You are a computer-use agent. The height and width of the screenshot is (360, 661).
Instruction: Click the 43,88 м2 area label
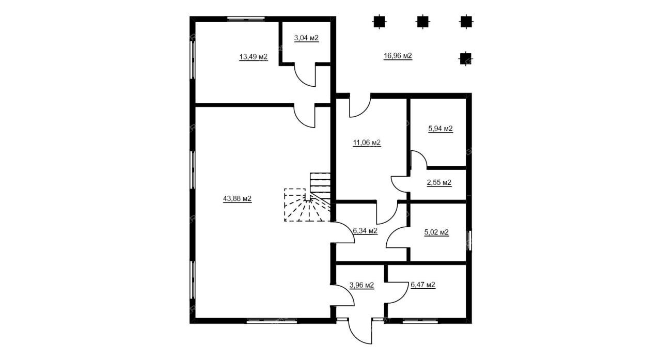(237, 199)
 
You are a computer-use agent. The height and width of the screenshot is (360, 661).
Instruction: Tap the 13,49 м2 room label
(254, 57)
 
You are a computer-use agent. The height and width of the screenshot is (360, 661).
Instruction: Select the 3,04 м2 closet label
(306, 38)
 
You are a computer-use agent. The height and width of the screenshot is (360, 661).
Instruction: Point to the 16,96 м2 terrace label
(398, 56)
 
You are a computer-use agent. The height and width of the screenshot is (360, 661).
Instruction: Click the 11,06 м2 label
(367, 143)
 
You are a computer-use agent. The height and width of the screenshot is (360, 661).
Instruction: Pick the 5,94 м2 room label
(440, 129)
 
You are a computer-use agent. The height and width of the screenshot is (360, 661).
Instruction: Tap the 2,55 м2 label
(439, 183)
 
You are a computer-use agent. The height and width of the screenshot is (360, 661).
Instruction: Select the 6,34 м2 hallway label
(365, 231)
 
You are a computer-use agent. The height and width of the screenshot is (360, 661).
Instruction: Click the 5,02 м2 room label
(437, 232)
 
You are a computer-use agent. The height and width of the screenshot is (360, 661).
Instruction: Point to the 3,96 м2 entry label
(362, 285)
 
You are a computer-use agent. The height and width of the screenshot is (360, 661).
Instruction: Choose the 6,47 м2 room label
(423, 285)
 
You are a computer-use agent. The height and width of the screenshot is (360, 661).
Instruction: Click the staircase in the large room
(308, 197)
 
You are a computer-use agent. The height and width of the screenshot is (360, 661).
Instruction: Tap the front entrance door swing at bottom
(360, 331)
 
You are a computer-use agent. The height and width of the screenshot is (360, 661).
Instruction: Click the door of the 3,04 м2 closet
(305, 75)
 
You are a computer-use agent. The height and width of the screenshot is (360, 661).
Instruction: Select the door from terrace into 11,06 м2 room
(360, 106)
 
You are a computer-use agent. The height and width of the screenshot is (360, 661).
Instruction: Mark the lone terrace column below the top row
(466, 59)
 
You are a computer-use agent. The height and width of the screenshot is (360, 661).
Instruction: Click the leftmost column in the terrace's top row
(379, 22)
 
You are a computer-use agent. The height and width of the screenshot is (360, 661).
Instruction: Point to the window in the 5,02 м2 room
(469, 241)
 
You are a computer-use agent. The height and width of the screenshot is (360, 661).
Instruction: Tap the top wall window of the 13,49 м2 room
(246, 19)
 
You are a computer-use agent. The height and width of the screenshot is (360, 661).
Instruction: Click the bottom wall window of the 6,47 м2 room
(420, 321)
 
